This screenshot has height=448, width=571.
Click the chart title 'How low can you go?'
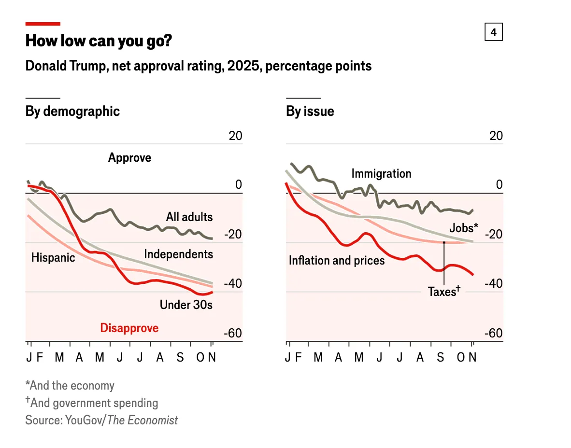[99, 41]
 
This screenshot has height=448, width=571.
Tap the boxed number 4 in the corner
[493, 32]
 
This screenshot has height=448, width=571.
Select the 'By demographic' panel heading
[72, 111]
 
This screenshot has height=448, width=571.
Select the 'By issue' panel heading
[310, 111]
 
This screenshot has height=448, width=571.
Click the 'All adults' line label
[189, 217]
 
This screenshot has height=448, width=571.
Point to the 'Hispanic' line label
[53, 257]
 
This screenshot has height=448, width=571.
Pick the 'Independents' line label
[178, 254]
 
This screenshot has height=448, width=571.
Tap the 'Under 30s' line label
[186, 305]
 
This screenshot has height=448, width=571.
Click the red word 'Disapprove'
[129, 328]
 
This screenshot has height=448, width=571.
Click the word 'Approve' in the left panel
[129, 157]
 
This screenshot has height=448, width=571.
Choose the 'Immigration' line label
[381, 173]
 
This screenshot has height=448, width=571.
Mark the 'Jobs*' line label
[464, 228]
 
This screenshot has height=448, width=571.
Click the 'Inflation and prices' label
[337, 261]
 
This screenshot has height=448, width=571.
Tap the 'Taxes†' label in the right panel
[444, 291]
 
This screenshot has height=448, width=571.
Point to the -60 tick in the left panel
[233, 334]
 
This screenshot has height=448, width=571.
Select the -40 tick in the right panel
[493, 283]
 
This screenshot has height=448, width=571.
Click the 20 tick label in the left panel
[235, 136]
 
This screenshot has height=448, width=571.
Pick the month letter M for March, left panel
[59, 357]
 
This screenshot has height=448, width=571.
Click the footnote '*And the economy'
[70, 386]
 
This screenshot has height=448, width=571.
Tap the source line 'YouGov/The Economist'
[101, 420]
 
